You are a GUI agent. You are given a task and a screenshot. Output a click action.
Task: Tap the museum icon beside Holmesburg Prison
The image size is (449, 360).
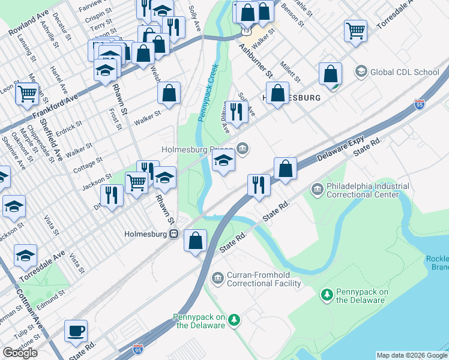coord(243,148)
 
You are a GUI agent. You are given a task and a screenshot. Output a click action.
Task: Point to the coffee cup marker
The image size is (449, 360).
coord(76,331)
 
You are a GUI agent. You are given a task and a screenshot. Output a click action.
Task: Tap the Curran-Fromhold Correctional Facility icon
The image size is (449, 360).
coord(217,276)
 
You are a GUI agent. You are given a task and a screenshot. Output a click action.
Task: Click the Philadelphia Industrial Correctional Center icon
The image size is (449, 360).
coord(316,190)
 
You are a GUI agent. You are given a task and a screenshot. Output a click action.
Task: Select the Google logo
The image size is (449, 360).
coord(20,352)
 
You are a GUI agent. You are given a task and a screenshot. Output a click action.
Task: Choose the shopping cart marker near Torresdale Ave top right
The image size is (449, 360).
coord(356,30)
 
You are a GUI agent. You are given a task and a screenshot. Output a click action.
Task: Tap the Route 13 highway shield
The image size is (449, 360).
coord(246,28)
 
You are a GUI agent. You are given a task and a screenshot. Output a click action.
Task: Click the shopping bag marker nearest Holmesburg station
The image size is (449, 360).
coord(195,241)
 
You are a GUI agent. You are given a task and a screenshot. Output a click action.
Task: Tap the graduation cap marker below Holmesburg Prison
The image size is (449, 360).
coord(223,161)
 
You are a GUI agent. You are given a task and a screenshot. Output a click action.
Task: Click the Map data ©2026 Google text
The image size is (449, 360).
coord(412,355)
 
